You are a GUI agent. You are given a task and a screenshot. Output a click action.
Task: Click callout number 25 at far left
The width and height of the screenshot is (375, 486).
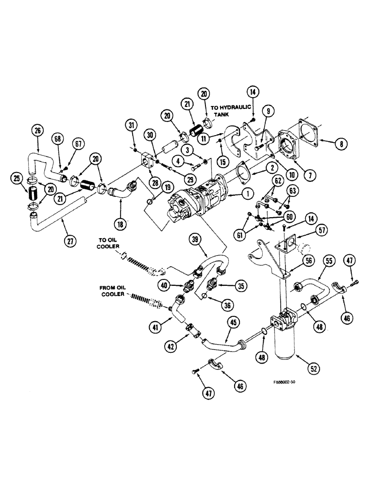point(18,180)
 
